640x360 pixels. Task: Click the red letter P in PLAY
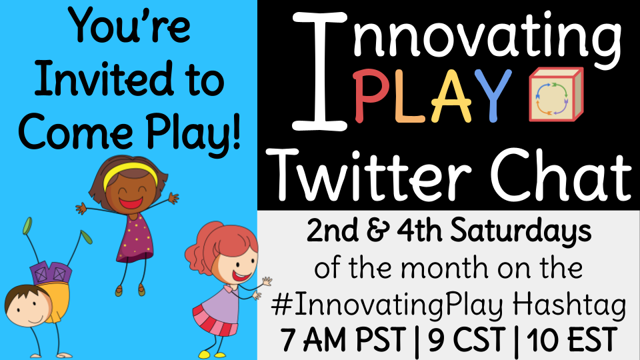tap(369, 96)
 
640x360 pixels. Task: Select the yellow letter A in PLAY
tap(451, 96)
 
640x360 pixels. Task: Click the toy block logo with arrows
tap(556, 95)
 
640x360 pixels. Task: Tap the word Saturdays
tap(521, 231)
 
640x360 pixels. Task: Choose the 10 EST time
tap(571, 340)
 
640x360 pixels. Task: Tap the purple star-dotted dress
tap(134, 239)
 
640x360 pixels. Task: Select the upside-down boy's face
tap(27, 307)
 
